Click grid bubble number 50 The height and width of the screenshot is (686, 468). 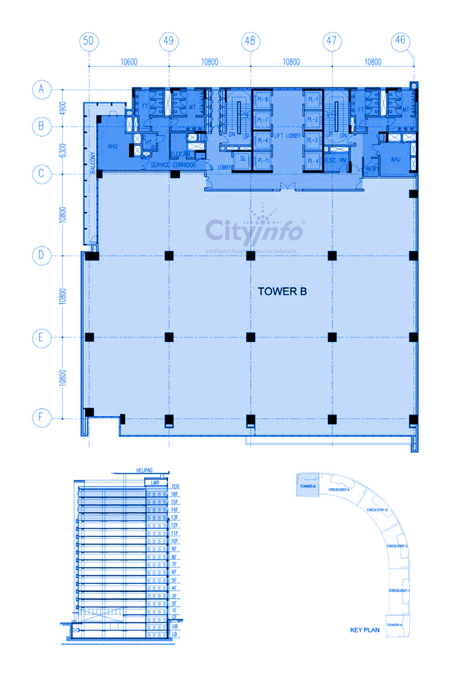pos(89,41)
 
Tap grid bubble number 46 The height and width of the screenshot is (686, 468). pos(400,40)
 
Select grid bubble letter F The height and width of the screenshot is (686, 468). pos(41,418)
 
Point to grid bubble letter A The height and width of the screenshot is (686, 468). pos(41,89)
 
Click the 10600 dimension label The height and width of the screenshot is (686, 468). pos(129,62)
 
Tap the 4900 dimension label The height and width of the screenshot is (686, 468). pos(63,108)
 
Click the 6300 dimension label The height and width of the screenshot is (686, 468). pos(63,150)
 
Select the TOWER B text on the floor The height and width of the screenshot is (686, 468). pos(282,291)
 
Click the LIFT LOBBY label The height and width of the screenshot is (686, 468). pos(287,136)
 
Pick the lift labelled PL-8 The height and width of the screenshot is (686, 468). pos(262,99)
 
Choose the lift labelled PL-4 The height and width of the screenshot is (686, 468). pos(312,161)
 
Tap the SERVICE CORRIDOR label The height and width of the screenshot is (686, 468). pos(173,165)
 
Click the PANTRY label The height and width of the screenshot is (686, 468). pos(371,169)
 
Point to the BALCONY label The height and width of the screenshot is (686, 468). pos(92,163)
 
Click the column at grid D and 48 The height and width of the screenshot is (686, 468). pos(251,256)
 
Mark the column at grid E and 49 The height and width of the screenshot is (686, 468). pos(169,337)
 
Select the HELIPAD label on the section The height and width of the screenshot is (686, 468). pos(144,470)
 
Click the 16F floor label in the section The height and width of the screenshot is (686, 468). pos(174,494)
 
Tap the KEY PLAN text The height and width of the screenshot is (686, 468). pos(364,630)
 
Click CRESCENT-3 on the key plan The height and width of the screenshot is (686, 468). pos(377,510)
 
